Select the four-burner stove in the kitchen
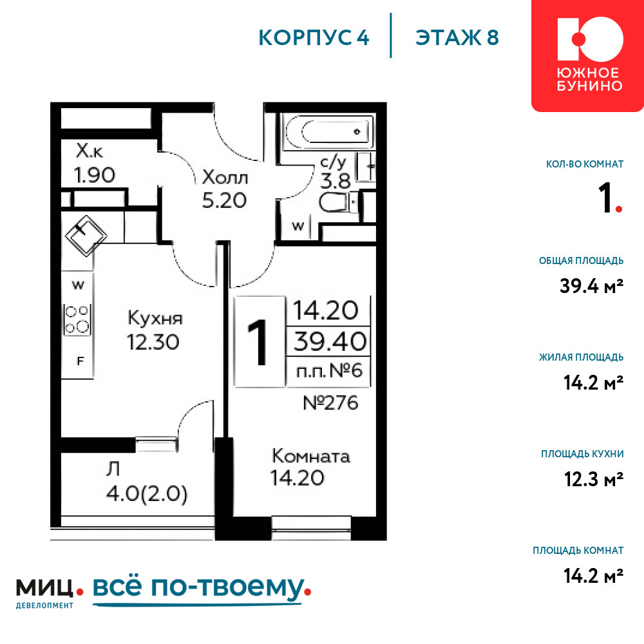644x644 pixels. coord(77,320)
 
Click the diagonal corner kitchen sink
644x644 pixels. coord(86,236)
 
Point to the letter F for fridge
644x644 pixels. coord(80,361)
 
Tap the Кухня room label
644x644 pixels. coord(155,318)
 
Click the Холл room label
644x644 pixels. coord(225,178)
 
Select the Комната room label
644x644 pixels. coord(311,457)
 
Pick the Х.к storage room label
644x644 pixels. coord(89,151)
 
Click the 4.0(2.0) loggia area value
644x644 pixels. coord(147,493)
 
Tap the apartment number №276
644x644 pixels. coord(330,403)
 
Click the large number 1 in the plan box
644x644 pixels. coord(258,342)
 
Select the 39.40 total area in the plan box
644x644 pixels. coord(330,341)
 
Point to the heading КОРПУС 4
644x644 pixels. coord(314,37)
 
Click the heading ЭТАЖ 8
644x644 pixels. coord(457,37)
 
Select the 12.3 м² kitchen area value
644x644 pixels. coord(594,479)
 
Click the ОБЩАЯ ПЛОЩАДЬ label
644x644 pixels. coord(581,260)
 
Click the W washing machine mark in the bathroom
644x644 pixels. coord(298,226)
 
